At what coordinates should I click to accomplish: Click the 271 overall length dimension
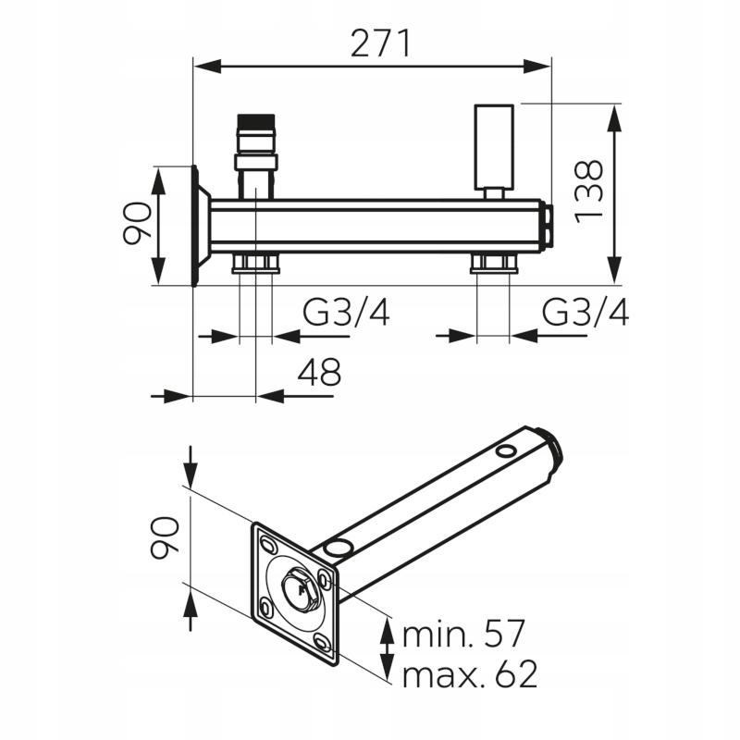click(381, 43)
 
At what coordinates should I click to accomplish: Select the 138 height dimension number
click(589, 191)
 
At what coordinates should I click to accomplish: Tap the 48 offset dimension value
click(319, 372)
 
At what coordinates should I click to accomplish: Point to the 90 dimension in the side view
click(137, 223)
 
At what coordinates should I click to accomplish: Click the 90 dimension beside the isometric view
click(164, 537)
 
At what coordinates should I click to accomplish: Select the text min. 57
click(463, 634)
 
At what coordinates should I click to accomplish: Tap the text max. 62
click(470, 674)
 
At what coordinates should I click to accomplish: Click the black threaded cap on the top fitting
click(256, 120)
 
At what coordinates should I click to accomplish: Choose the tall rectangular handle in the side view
click(494, 147)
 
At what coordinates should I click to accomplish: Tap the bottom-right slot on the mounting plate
click(322, 642)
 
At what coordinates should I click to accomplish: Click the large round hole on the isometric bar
click(338, 548)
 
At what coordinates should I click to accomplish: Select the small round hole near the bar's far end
click(506, 450)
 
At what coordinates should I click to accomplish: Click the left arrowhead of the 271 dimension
click(207, 67)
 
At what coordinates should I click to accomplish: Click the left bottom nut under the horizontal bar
click(256, 264)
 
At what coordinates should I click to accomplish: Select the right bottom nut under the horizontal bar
click(494, 264)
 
